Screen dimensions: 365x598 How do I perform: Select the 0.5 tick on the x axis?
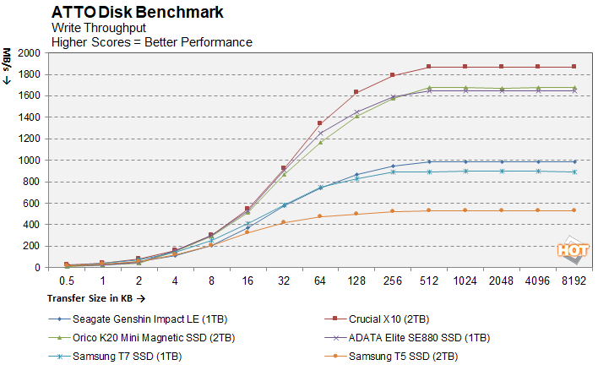click(66, 280)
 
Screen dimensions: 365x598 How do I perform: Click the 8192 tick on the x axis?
click(574, 280)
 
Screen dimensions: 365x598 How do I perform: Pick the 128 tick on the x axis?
click(356, 280)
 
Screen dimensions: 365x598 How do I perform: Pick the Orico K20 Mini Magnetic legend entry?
click(139, 337)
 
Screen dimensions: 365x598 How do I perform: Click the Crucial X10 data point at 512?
click(428, 66)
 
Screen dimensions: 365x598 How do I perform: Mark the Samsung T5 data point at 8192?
click(574, 210)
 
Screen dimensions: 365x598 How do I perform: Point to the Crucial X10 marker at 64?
click(319, 123)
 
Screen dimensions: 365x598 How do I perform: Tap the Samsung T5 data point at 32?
click(283, 222)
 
